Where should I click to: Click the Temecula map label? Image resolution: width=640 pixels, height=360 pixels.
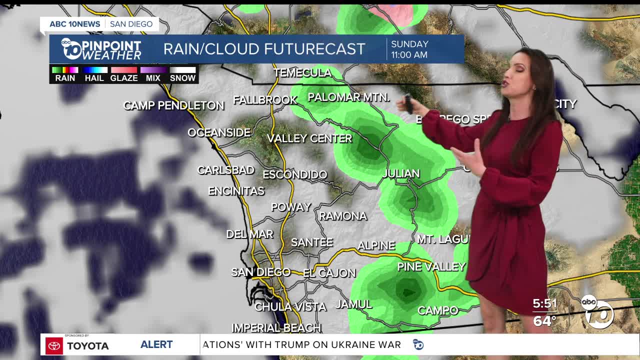point(302,73)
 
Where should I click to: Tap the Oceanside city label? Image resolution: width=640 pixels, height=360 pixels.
point(219,132)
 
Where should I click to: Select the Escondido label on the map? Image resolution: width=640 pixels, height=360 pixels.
point(295,174)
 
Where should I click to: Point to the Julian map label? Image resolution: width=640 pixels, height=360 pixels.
point(400,173)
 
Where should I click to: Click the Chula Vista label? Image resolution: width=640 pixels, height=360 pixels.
point(290,306)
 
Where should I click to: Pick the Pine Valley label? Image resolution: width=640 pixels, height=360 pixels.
point(431,267)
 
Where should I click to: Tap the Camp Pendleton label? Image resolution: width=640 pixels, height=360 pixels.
point(173,105)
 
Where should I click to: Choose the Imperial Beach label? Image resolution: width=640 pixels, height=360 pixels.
point(276,328)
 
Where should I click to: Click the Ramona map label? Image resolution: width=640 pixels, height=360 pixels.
point(343,216)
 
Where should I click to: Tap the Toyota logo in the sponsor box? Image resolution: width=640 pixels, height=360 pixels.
point(54,345)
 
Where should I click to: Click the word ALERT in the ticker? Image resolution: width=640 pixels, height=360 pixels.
point(156,344)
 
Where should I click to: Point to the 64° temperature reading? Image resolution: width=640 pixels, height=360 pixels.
point(544,320)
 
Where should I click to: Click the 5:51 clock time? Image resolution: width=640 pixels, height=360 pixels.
point(544,303)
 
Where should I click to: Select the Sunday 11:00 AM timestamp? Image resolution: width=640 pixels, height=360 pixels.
point(409,49)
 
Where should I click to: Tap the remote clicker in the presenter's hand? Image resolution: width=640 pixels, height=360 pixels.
point(409,103)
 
